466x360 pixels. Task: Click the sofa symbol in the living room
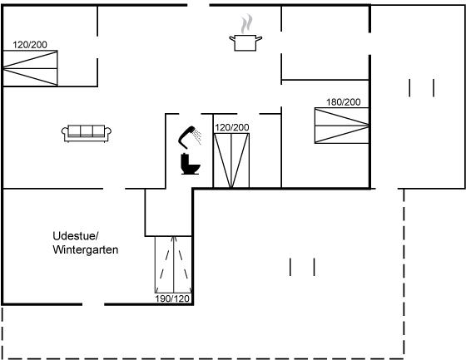[x=87, y=134]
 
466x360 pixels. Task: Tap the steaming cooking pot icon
[x=245, y=33]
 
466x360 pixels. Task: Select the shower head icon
[x=190, y=137]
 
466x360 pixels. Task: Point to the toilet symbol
[x=191, y=164]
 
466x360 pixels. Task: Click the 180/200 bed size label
[x=343, y=102]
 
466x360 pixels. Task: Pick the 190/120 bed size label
[x=172, y=298]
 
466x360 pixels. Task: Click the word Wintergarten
[x=86, y=249]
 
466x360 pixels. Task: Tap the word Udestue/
[x=76, y=236]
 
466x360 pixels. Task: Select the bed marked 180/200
[x=342, y=126]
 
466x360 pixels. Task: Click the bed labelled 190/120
[x=173, y=265]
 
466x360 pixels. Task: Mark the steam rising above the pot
[x=246, y=24]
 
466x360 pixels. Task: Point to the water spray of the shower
[x=196, y=136]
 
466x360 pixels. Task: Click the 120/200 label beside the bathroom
[x=232, y=127]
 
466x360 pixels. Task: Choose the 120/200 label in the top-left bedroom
[x=30, y=45]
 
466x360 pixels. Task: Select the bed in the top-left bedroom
[x=30, y=68]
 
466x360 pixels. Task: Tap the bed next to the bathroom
[x=231, y=160]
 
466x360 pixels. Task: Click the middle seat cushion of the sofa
[x=87, y=131]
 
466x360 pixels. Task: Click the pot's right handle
[x=259, y=38]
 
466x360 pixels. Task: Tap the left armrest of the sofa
[x=65, y=132]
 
